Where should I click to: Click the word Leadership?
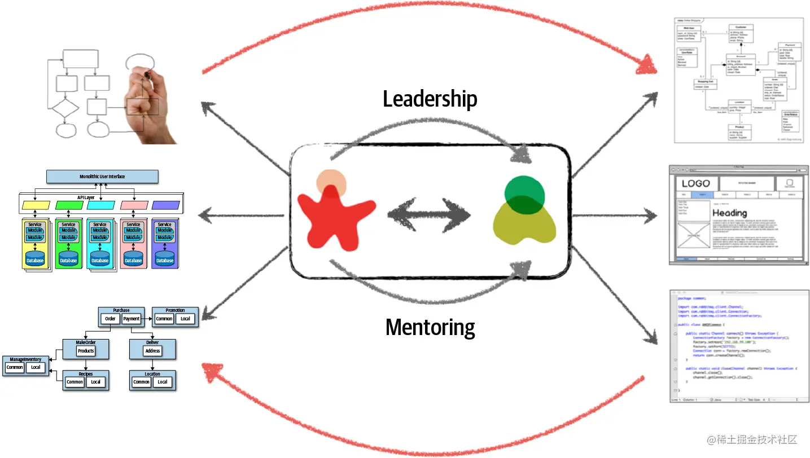430,99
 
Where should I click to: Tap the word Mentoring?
430,327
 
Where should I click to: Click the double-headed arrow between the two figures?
429,215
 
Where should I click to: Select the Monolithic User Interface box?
102,177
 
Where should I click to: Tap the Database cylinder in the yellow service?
35,258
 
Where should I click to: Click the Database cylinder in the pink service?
133,258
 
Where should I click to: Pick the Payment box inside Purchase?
132,319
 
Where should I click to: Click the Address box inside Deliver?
152,351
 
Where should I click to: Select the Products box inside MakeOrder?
86,351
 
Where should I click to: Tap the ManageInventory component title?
25,359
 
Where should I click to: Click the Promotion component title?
175,310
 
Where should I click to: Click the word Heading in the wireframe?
731,213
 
